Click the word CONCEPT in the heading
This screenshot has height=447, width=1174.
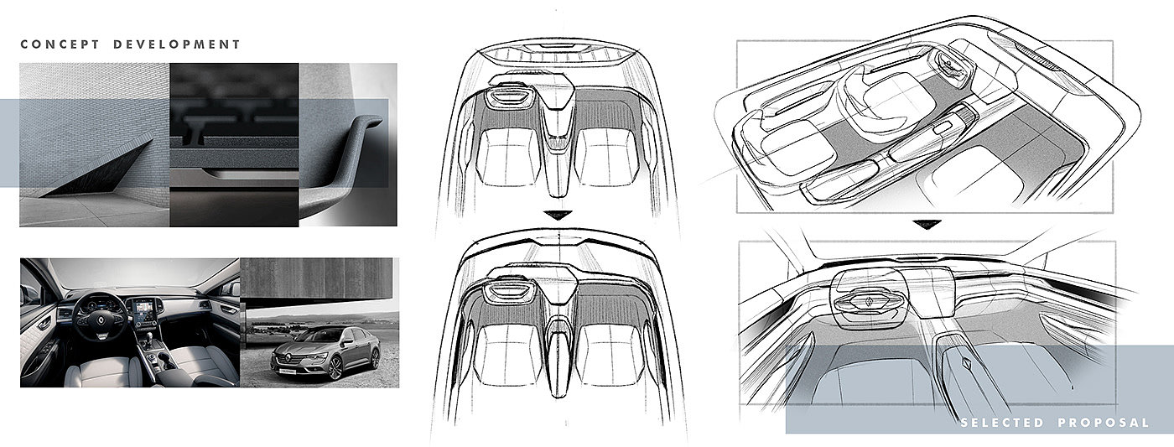click(60, 44)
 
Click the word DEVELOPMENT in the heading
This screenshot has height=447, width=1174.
click(177, 44)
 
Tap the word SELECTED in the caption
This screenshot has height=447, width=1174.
click(1002, 423)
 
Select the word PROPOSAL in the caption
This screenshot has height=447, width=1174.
click(1104, 423)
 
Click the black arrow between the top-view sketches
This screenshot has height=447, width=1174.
click(557, 215)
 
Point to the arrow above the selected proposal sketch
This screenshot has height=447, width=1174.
click(926, 224)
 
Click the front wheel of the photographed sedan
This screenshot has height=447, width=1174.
click(335, 367)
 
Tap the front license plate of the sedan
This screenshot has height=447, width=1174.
click(287, 371)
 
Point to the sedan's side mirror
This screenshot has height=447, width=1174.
click(347, 341)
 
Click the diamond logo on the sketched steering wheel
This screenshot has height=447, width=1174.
click(869, 301)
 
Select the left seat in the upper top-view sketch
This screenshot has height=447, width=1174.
click(507, 157)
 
